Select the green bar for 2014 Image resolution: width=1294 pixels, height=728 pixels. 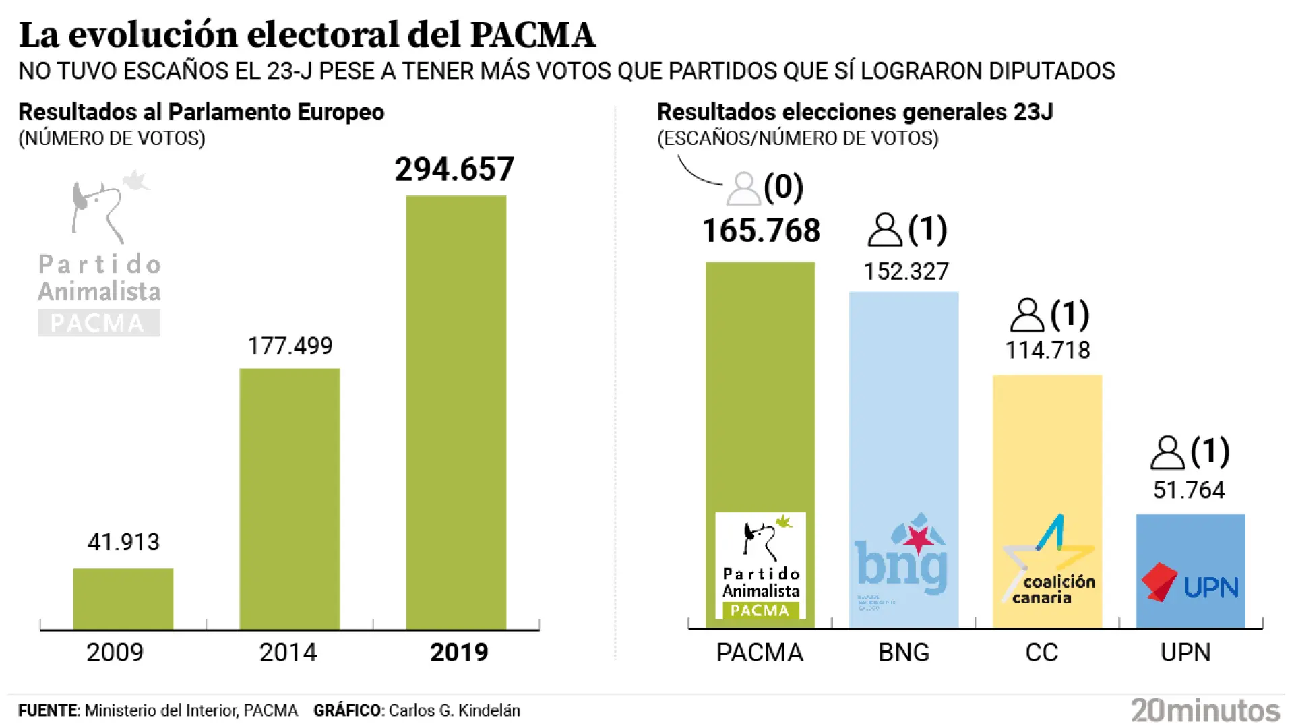point(290,499)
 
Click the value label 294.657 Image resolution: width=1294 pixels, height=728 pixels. point(454,169)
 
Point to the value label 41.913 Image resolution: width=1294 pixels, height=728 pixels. point(123,542)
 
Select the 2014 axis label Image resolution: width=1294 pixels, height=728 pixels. point(288,653)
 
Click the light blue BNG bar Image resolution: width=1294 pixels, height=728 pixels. point(903,404)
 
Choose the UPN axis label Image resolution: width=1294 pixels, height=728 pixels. point(1185,653)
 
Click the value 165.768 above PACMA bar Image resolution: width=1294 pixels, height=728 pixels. point(761,231)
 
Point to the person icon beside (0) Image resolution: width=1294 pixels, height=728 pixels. point(743,189)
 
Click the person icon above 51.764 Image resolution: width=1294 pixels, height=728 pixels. point(1167,452)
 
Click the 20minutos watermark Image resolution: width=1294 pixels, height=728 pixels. point(1205,710)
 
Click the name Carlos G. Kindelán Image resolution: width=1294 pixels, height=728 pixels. point(454,710)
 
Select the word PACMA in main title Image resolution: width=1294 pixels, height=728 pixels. point(532,35)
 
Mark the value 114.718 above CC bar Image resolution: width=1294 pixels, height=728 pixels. point(1047,351)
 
